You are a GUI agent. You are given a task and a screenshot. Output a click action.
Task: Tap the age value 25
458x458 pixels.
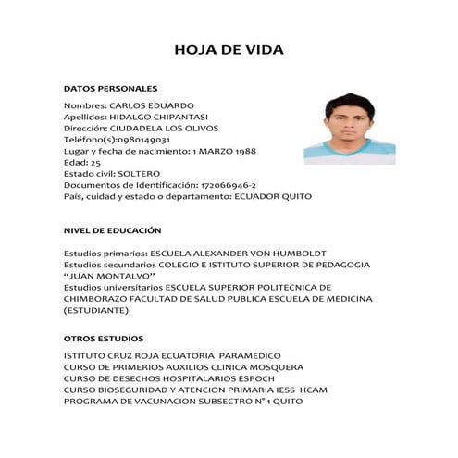pyautogui.click(x=95, y=162)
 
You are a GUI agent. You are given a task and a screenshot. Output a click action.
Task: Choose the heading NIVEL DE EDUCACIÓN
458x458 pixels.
pyautogui.click(x=112, y=229)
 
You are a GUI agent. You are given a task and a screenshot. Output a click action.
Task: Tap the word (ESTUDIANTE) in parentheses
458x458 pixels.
pyautogui.click(x=96, y=310)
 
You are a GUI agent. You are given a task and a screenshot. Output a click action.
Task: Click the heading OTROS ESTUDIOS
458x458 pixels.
pyautogui.click(x=103, y=338)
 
